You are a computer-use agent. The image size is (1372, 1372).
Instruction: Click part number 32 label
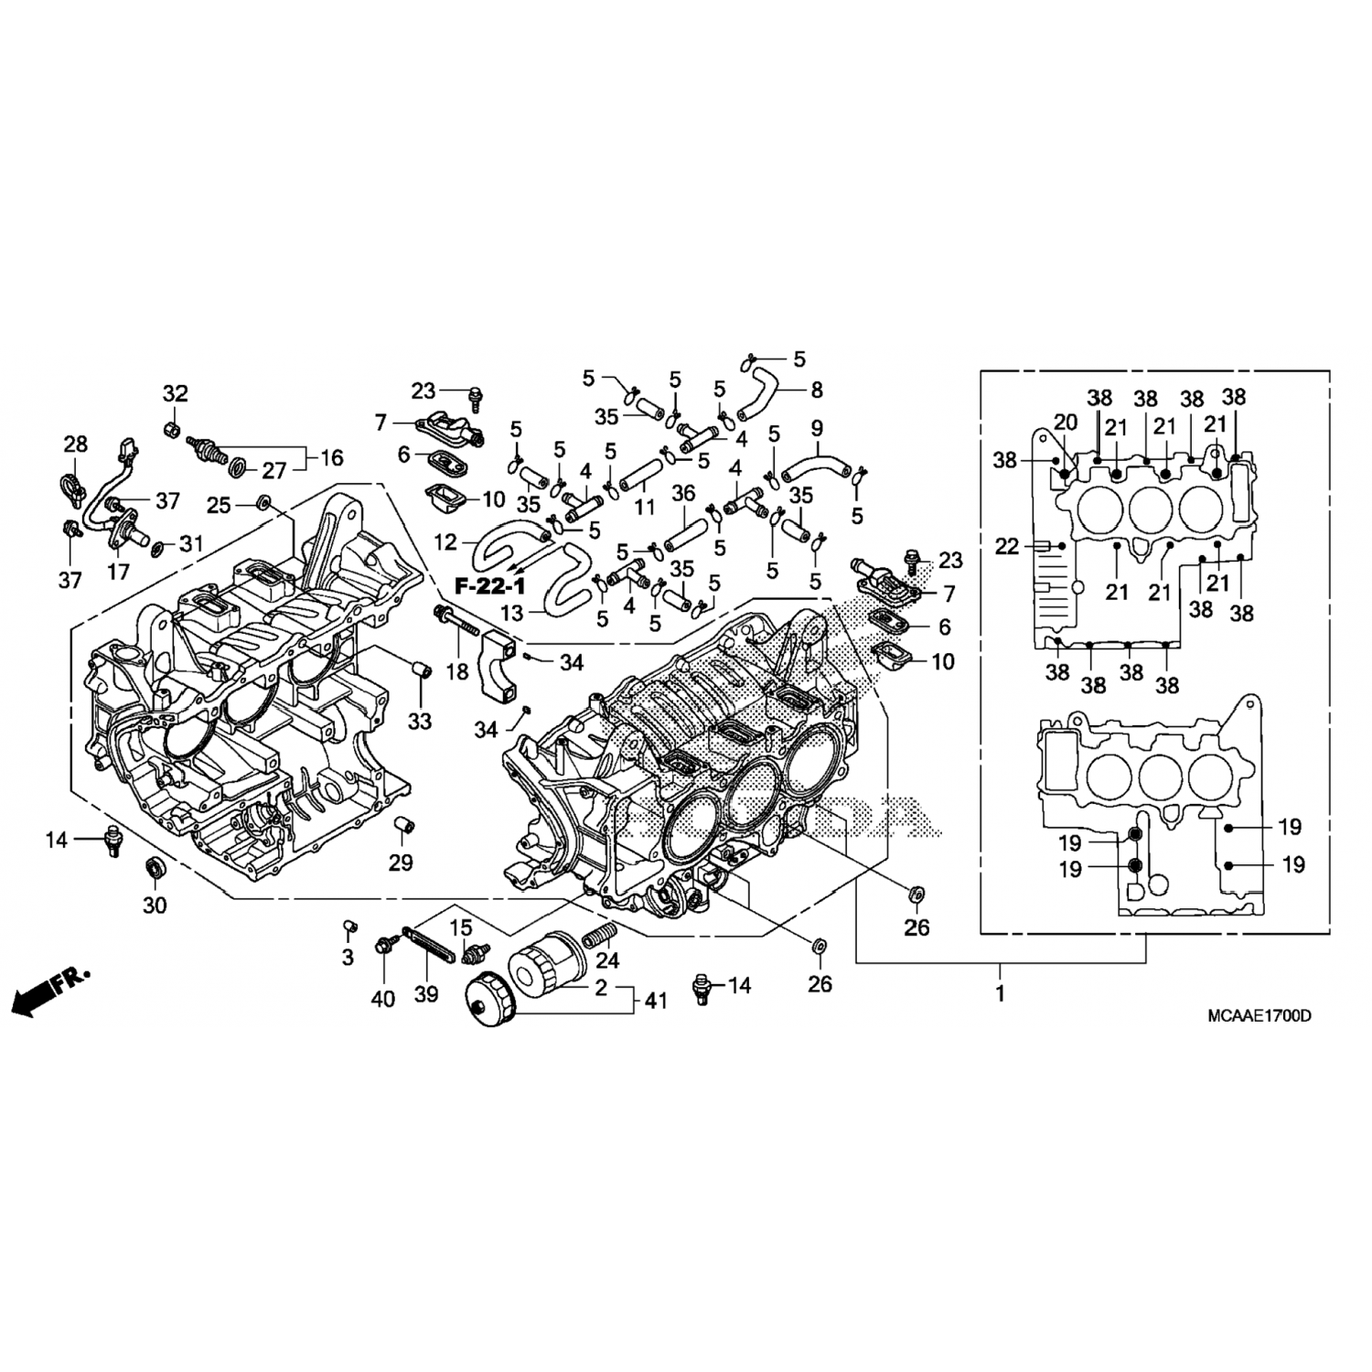pos(175,393)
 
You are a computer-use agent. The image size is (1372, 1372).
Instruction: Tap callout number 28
pos(75,444)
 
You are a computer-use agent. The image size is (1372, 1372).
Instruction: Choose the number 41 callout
pos(655,1002)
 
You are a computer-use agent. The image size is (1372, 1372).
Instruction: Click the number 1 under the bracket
pos(1000,993)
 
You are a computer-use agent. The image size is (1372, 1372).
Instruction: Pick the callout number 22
pos(1006,547)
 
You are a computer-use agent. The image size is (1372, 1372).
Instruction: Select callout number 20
pos(1066,422)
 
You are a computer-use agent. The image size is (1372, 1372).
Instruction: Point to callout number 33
pos(419,722)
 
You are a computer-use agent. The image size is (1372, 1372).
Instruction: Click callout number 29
pos(401,862)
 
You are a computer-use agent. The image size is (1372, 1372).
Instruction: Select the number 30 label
pos(155,906)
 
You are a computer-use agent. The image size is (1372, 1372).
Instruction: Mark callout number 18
pos(456,672)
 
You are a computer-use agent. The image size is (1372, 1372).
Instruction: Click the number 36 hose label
pos(683,494)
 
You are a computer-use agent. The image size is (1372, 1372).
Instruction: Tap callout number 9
pos(817,427)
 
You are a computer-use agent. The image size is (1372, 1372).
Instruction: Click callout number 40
pos(383,999)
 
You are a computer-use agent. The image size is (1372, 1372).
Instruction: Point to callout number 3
pos(348,958)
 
